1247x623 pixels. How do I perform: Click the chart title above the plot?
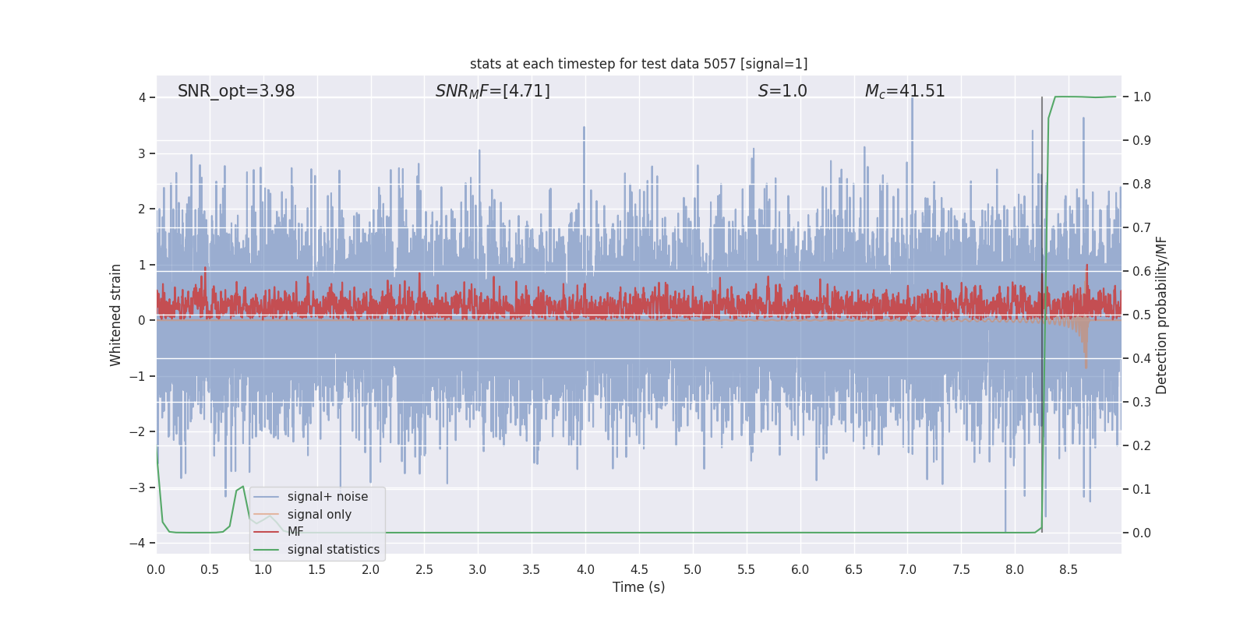pos(638,64)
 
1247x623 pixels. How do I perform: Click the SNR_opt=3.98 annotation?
pos(236,91)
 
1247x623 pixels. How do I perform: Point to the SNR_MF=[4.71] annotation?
pos(493,91)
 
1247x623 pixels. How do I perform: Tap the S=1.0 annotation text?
pos(782,91)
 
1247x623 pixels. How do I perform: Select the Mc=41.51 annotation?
pos(905,91)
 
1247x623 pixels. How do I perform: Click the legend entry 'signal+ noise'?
pos(327,497)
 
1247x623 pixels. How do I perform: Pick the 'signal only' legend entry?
pos(319,515)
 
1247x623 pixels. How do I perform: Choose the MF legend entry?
pos(295,532)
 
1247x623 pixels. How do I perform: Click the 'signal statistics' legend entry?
pos(333,550)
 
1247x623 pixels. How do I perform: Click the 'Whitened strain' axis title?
pos(116,315)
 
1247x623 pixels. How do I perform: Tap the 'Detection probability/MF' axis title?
pos(1161,315)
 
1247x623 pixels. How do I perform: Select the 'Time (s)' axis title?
pos(638,587)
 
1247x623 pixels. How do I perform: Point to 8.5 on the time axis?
pos(1068,570)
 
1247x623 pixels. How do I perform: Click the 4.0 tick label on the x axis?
pos(585,570)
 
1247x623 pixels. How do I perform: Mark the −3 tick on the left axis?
pos(141,487)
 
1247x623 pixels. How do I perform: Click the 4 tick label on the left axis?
pos(143,97)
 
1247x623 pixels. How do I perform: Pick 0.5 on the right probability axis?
pos(1142,315)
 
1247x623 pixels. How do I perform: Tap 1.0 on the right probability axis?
pos(1142,97)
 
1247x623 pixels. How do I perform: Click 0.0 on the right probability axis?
pos(1142,533)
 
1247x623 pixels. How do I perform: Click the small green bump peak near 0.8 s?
pos(243,487)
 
